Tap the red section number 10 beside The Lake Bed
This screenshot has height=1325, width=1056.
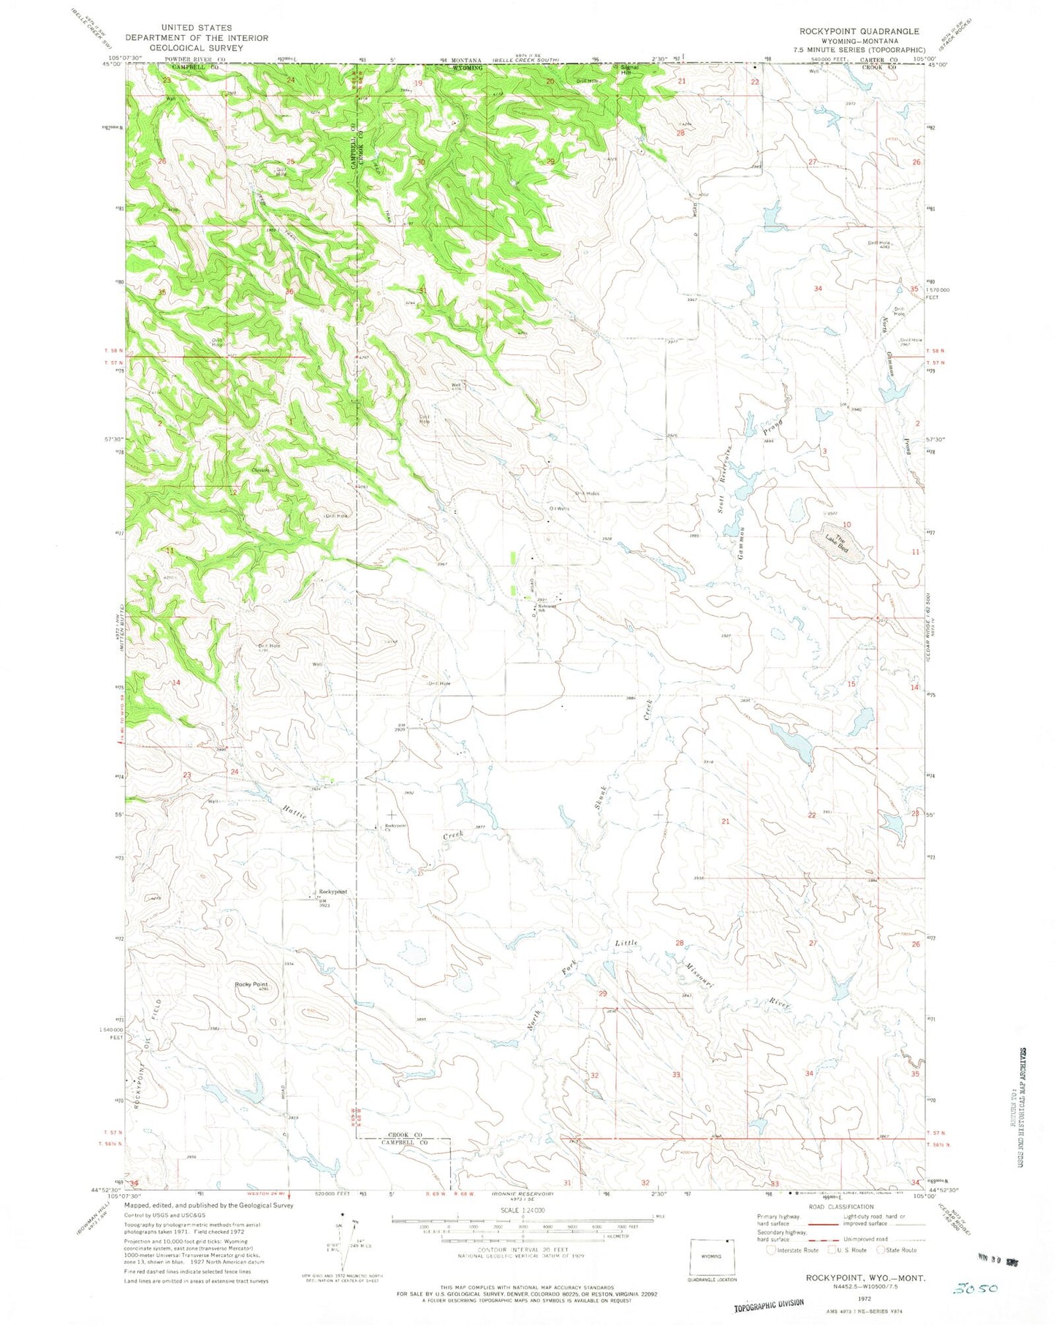[846, 525]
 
